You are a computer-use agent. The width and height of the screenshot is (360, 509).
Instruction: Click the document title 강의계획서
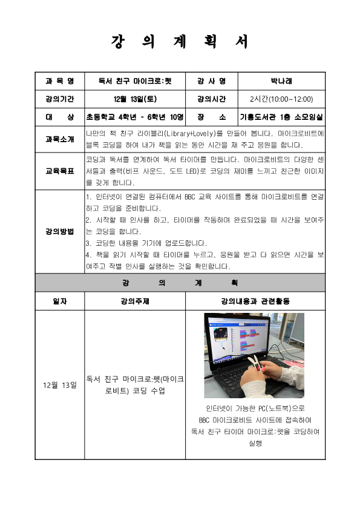point(180,42)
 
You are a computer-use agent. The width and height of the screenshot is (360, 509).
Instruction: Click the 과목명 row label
point(60,81)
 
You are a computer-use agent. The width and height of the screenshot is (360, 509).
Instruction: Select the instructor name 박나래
point(281,81)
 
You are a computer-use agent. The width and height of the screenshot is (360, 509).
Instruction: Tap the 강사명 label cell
point(211,81)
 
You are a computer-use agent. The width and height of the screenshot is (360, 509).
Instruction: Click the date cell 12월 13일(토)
point(135,99)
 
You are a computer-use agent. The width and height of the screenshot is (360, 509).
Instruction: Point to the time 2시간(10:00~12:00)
point(281,99)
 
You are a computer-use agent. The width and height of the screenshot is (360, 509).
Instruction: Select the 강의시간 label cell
point(211,99)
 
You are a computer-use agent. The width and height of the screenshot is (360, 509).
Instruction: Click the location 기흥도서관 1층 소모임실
point(281,117)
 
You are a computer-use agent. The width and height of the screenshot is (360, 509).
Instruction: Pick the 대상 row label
point(60,117)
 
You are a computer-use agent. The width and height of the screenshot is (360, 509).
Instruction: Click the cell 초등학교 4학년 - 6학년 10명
point(135,117)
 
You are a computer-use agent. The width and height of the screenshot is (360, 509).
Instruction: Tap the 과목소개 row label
point(60,139)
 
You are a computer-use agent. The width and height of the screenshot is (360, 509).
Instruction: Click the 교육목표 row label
point(60,171)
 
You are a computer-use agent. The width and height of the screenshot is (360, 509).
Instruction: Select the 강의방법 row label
point(60,231)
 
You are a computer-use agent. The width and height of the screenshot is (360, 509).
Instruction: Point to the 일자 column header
point(60,301)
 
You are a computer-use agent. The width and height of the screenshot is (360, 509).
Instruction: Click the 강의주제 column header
point(135,301)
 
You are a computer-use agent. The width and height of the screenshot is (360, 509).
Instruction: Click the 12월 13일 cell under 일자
point(60,384)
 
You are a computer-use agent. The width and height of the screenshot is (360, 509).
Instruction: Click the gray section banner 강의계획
point(180,283)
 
